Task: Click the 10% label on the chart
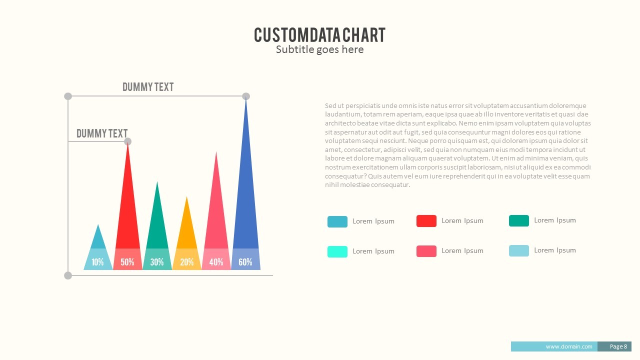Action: click(98, 262)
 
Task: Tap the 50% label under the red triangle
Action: click(127, 262)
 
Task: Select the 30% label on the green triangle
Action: click(157, 262)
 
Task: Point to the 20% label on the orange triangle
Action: click(186, 262)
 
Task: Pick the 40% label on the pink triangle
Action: click(216, 262)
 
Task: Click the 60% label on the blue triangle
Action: click(245, 262)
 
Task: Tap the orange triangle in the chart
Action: click(186, 230)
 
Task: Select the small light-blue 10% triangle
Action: click(98, 240)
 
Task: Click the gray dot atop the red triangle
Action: click(127, 141)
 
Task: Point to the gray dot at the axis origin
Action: click(68, 275)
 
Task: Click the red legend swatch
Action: click(426, 221)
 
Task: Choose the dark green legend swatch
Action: click(518, 220)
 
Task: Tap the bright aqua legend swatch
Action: click(337, 251)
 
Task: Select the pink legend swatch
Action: click(426, 251)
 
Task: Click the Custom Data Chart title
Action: click(319, 35)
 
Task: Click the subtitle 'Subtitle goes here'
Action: click(319, 49)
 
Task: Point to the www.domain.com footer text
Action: click(568, 346)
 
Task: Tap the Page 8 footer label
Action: click(618, 346)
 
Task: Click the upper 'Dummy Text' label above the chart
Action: click(148, 87)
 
